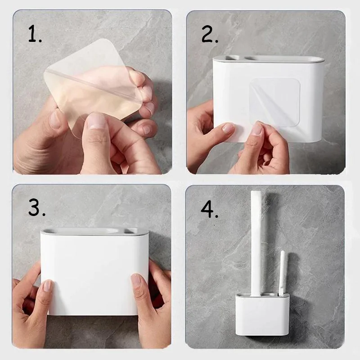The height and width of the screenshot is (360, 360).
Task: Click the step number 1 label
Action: click(35, 34)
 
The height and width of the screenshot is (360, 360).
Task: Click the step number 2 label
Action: click(210, 34)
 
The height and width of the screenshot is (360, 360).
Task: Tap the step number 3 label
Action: click(37, 207)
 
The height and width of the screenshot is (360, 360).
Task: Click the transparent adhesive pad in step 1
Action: click(92, 87)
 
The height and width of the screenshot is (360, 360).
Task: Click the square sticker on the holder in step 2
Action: click(274, 103)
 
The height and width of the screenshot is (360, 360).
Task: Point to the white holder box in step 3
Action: click(94, 271)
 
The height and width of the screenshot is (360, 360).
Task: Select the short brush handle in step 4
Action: click(282, 273)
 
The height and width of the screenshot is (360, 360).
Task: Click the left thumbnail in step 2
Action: click(228, 128)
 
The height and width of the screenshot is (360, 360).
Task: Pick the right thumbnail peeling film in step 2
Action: click(257, 129)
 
